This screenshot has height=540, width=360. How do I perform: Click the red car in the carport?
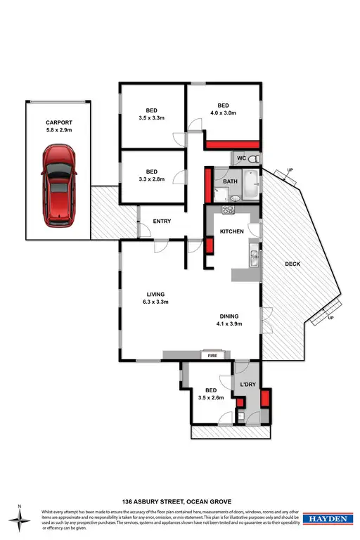tap(58, 185)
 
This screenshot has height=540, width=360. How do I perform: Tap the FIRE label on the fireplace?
tap(212, 356)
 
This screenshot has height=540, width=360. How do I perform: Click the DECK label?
tap(293, 264)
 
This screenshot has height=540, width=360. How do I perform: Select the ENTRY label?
tap(162, 221)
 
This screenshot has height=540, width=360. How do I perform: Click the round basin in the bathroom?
tap(236, 198)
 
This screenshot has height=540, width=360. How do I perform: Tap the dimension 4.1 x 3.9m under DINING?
tap(229, 325)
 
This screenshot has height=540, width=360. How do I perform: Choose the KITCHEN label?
tap(232, 231)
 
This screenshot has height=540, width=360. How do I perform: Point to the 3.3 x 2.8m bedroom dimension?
tap(151, 179)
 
